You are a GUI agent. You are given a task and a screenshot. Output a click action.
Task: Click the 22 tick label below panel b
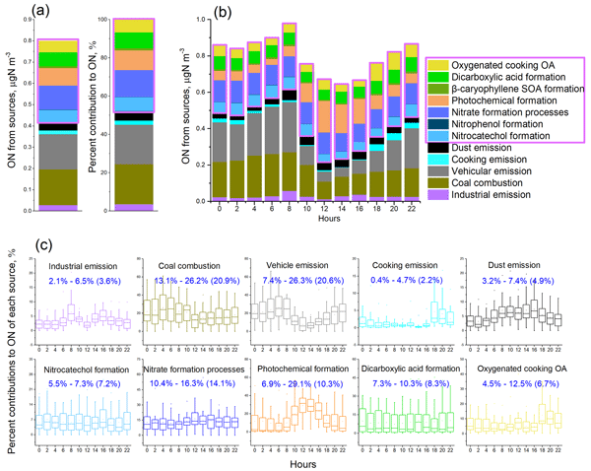coord(411,210)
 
